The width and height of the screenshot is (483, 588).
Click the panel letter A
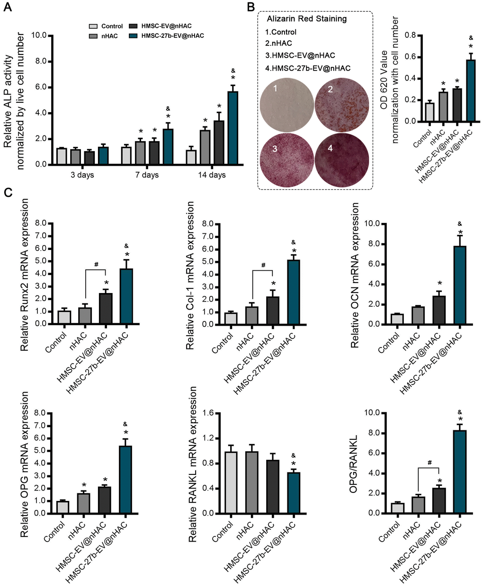click(x=7, y=8)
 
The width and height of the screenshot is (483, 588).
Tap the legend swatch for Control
click(x=94, y=27)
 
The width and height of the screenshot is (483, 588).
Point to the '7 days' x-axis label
click(x=147, y=175)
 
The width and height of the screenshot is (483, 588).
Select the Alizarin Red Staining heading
click(x=306, y=19)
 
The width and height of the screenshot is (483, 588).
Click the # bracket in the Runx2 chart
click(x=96, y=269)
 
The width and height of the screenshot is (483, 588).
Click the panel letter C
click(x=7, y=194)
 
